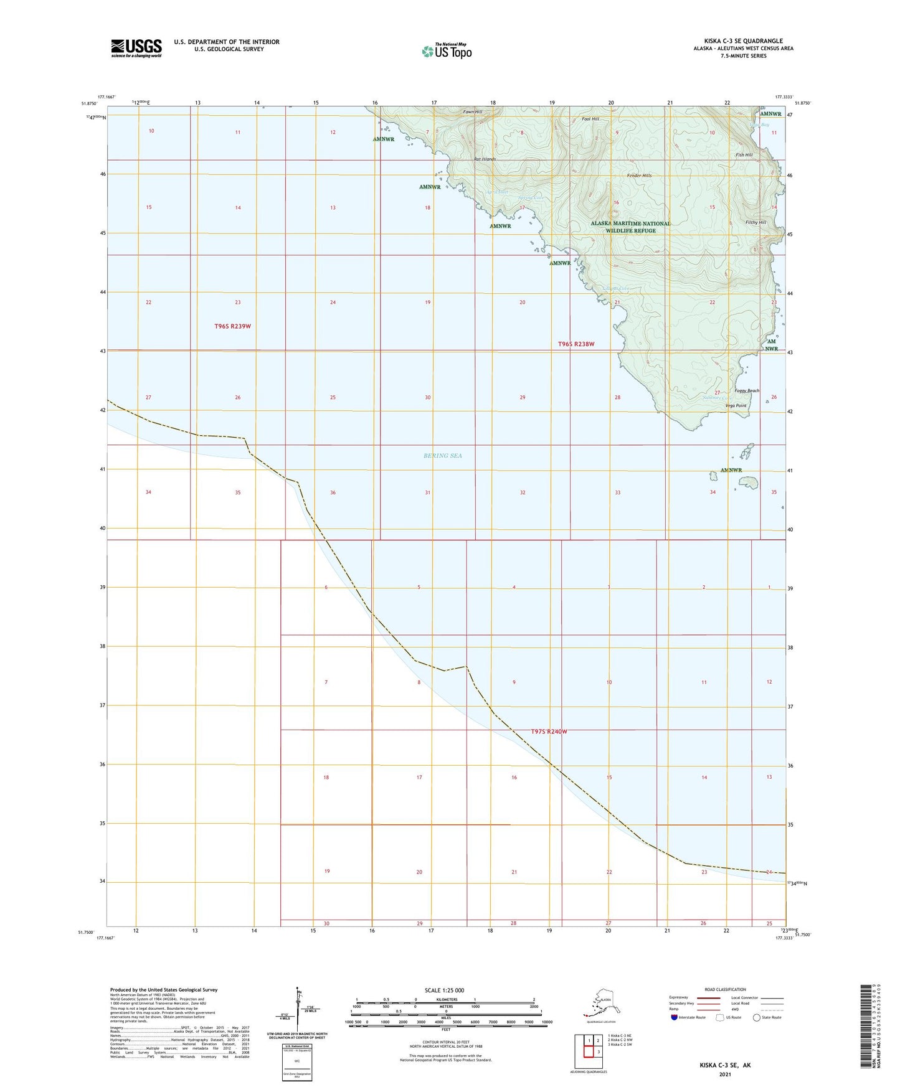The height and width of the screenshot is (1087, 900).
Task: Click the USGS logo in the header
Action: pyautogui.click(x=136, y=48)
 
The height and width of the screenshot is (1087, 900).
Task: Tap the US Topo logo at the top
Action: pyautogui.click(x=446, y=51)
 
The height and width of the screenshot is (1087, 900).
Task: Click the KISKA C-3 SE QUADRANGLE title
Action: pyautogui.click(x=743, y=41)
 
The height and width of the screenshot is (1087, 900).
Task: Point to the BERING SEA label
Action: pyautogui.click(x=443, y=456)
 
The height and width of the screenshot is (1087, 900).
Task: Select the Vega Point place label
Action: pyautogui.click(x=736, y=406)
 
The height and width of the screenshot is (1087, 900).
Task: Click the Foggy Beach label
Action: pyautogui.click(x=747, y=391)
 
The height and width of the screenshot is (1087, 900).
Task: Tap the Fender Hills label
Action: pyautogui.click(x=639, y=176)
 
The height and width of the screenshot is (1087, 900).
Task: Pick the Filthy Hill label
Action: pyautogui.click(x=756, y=222)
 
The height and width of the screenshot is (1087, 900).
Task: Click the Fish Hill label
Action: pyautogui.click(x=744, y=155)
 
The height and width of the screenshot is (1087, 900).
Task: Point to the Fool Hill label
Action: pyautogui.click(x=590, y=119)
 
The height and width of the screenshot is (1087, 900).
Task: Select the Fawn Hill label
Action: pyautogui.click(x=472, y=112)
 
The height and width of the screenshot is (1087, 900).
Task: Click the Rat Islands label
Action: pyautogui.click(x=485, y=159)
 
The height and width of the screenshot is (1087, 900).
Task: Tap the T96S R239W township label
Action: pyautogui.click(x=232, y=326)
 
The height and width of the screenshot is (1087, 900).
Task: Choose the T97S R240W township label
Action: pyautogui.click(x=549, y=732)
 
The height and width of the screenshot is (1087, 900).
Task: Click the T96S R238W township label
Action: pyautogui.click(x=576, y=344)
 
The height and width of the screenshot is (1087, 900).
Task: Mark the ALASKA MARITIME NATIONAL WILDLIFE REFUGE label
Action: pyautogui.click(x=630, y=227)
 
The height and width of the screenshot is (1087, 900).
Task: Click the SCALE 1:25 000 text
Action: pyautogui.click(x=445, y=991)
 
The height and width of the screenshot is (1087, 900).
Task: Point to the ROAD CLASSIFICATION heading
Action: pyautogui.click(x=725, y=989)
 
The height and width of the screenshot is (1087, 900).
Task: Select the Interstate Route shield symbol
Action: pyautogui.click(x=675, y=1017)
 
